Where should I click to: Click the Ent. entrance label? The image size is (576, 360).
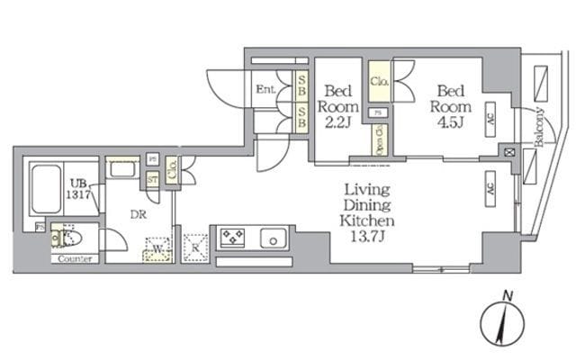pos(265,89)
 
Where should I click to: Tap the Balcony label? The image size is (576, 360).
pos(539,127)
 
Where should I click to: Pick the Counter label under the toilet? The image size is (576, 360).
pos(75,260)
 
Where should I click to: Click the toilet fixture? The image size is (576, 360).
pos(66,238)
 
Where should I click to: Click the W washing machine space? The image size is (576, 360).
pos(157,247)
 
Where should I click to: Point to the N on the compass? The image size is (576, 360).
pos(508,295)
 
